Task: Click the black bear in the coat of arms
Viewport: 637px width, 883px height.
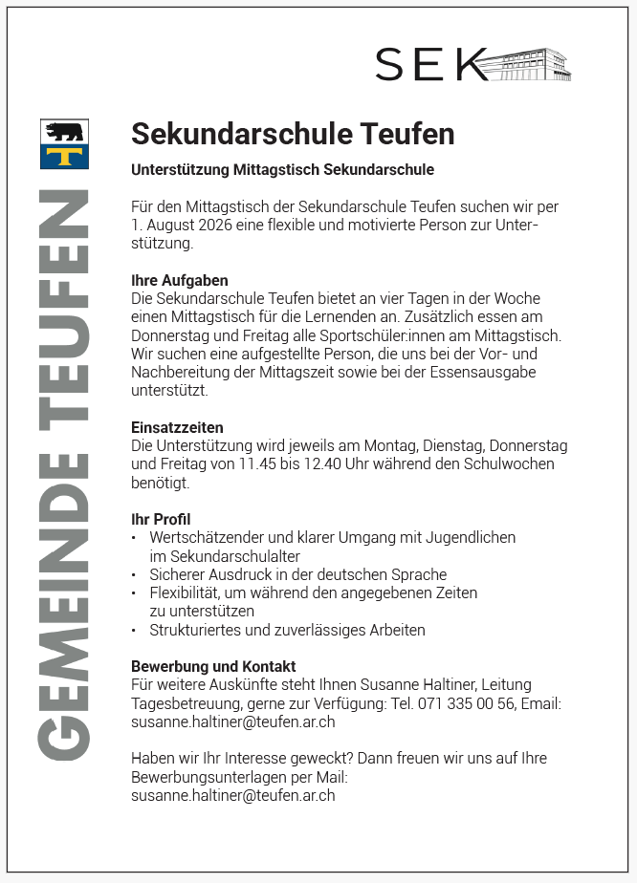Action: click(65, 131)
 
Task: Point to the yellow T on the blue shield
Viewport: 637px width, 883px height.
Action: click(65, 156)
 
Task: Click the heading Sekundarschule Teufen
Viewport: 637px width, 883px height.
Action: click(293, 135)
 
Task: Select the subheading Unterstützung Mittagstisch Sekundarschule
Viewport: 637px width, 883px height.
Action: click(282, 170)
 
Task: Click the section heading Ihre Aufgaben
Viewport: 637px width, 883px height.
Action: click(180, 280)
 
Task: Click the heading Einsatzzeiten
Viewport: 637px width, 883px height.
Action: click(177, 427)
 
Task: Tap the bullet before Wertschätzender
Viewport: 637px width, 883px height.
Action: click(135, 538)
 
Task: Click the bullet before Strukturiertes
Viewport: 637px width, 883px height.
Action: click(135, 630)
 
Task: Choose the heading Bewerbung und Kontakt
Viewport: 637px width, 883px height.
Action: click(213, 666)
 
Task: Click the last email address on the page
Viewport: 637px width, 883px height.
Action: click(232, 794)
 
